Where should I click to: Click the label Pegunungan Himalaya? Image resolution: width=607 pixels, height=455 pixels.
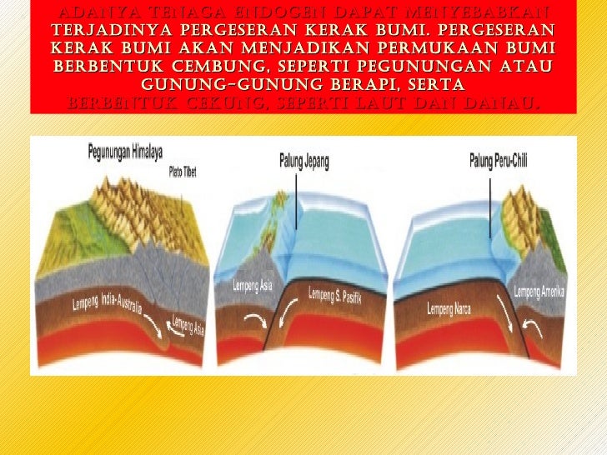(125, 152)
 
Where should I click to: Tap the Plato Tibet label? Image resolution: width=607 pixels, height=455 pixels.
(183, 173)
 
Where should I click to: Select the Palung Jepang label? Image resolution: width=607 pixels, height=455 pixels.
(303, 158)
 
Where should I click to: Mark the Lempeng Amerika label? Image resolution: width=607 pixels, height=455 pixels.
(539, 291)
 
